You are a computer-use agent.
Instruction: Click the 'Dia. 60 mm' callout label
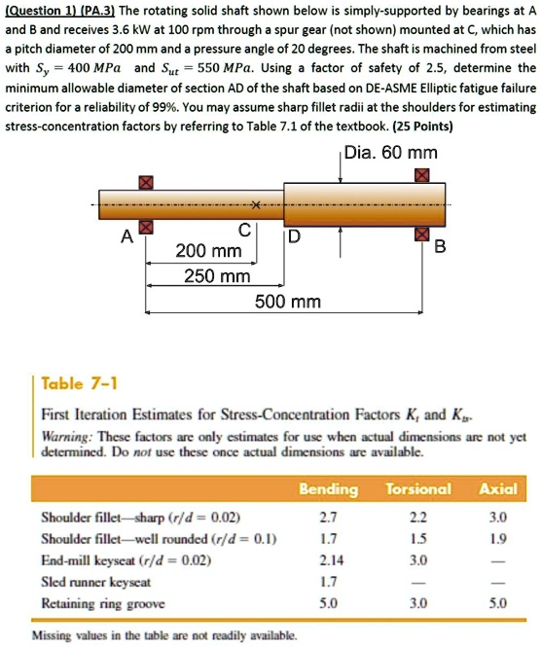click(x=392, y=153)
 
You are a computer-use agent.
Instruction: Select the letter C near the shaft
click(x=246, y=232)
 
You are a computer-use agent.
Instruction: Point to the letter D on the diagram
click(x=293, y=238)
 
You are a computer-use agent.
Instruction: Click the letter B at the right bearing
click(x=438, y=246)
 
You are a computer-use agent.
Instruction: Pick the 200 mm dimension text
click(x=208, y=252)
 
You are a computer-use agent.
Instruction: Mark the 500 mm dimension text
click(x=287, y=302)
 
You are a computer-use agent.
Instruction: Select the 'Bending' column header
click(x=329, y=488)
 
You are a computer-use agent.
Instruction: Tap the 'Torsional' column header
click(x=417, y=488)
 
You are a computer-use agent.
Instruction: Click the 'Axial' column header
click(x=497, y=488)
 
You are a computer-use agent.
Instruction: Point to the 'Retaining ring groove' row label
click(x=100, y=602)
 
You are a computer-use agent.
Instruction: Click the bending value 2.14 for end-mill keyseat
click(x=330, y=559)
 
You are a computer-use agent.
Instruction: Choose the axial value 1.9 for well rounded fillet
click(x=497, y=537)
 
